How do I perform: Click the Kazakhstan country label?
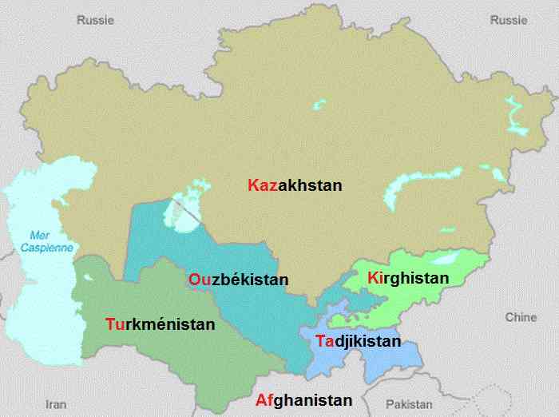click(295, 185)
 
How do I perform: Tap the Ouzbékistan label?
click(238, 280)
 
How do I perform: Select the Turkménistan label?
click(160, 324)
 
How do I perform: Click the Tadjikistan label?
click(357, 341)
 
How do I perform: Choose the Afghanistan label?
click(303, 400)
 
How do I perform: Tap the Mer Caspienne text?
click(50, 241)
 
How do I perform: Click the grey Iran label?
click(56, 403)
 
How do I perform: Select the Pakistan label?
click(408, 404)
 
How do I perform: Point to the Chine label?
click(521, 317)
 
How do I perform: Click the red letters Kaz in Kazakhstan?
click(263, 185)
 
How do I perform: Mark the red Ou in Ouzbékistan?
click(199, 280)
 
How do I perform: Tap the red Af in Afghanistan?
click(264, 400)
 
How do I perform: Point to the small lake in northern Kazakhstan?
click(320, 105)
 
